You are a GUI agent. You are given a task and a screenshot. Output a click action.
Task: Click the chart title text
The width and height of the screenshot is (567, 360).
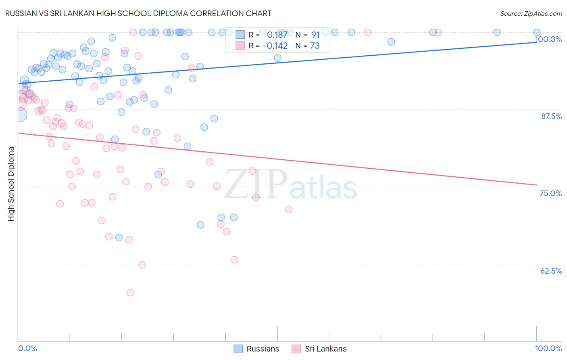(x=138, y=13)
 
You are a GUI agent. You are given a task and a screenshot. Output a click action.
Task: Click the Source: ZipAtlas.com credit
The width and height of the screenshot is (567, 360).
(x=531, y=14)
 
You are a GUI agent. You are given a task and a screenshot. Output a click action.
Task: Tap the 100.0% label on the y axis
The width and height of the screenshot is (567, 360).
(x=548, y=39)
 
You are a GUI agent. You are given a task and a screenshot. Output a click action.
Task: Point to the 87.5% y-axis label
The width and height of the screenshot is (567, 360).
(x=551, y=116)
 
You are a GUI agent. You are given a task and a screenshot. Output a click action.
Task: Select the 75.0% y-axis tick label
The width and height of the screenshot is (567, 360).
(x=551, y=193)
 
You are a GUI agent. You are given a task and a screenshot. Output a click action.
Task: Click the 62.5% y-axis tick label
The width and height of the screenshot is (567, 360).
(x=551, y=271)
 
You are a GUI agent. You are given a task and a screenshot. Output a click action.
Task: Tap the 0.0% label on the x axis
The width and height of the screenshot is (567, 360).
(x=27, y=348)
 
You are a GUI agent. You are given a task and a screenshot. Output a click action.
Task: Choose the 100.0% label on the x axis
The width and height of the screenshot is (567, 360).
(x=548, y=348)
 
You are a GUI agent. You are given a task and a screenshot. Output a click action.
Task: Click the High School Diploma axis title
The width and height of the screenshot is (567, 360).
(x=11, y=184)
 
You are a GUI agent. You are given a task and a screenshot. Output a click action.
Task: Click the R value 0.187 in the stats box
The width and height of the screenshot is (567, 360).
(x=277, y=35)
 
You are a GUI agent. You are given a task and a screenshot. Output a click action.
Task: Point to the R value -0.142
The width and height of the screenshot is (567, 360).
(x=275, y=46)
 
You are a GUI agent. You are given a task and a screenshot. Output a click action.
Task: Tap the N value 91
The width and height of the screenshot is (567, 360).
(x=315, y=35)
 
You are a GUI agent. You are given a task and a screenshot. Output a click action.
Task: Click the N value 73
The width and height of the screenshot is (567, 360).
(x=315, y=46)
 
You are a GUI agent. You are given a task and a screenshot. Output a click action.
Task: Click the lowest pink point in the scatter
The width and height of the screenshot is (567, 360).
(x=130, y=293)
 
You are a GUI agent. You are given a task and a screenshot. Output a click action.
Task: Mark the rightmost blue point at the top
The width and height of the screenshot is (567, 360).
(x=537, y=32)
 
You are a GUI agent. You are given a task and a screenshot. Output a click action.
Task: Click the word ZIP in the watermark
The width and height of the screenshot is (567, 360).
(x=255, y=184)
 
